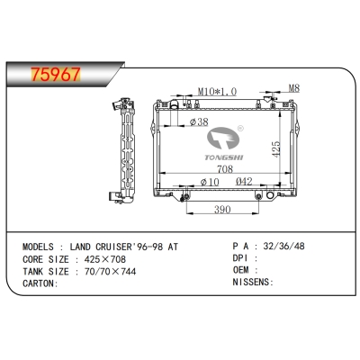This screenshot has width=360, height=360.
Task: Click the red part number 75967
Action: (x=56, y=74)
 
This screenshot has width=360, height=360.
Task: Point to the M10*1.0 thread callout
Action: (x=217, y=91)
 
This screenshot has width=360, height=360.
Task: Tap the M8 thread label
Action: (x=294, y=88)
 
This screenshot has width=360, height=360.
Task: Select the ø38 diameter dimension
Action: (x=199, y=121)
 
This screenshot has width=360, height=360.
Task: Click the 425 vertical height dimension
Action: (x=275, y=148)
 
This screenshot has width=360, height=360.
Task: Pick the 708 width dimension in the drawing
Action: (x=225, y=169)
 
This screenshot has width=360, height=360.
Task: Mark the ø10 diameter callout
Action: (x=210, y=182)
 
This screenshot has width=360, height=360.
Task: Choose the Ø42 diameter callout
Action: (x=244, y=181)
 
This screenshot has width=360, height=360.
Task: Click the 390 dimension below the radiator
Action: (x=222, y=210)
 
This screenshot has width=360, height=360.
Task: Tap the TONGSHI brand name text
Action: (x=224, y=157)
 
